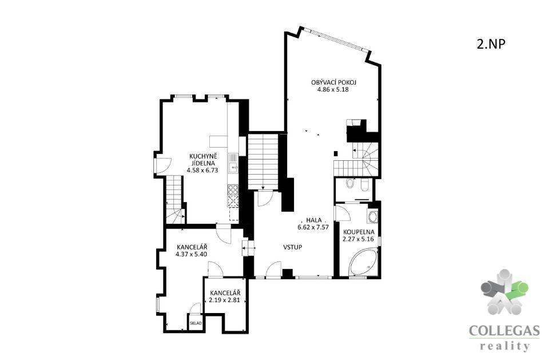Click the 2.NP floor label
[x=491, y=44]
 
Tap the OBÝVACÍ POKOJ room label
[x=333, y=83]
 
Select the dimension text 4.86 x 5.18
[x=333, y=89]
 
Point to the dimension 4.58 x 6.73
[x=202, y=171]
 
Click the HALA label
[x=314, y=220]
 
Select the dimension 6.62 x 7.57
[x=313, y=227]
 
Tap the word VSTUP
[x=293, y=247]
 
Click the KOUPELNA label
[x=359, y=232]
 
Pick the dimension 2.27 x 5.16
[x=358, y=239]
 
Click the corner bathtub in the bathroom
[x=364, y=263]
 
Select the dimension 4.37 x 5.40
[x=191, y=254]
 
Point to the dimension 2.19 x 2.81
[x=224, y=300]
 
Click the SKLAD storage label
[x=196, y=323]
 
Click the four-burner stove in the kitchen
[x=233, y=189]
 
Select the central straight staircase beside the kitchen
[x=263, y=161]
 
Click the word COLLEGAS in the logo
[x=504, y=331]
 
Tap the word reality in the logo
[x=504, y=346]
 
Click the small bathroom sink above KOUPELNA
[x=372, y=217]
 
